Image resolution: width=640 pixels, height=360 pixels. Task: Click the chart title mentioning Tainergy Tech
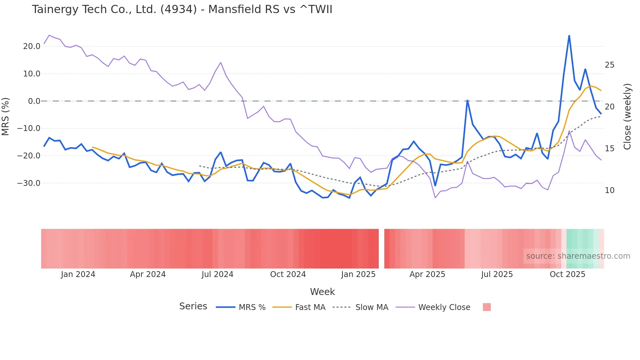(x=182, y=9)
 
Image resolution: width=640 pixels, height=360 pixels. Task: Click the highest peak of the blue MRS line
(x=569, y=36)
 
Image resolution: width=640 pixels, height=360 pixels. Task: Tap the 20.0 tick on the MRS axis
(x=32, y=46)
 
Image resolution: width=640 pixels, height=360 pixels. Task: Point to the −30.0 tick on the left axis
(x=29, y=183)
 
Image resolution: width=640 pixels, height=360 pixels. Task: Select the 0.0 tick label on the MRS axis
(x=34, y=101)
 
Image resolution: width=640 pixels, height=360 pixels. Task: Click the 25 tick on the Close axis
(x=610, y=65)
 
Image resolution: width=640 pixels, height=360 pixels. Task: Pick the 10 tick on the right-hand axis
(x=610, y=190)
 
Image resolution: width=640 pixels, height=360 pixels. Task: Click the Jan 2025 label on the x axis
(x=358, y=274)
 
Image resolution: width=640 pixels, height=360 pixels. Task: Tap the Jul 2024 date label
(x=217, y=274)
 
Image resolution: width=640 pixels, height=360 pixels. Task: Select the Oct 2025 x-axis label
(x=568, y=274)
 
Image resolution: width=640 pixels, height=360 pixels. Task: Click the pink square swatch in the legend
(x=487, y=307)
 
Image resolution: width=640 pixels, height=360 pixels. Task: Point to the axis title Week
(x=322, y=292)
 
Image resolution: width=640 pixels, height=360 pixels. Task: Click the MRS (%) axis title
(x=6, y=116)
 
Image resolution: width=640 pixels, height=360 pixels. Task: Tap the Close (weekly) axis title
(x=627, y=116)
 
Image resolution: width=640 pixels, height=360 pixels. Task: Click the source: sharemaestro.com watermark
(x=578, y=256)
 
